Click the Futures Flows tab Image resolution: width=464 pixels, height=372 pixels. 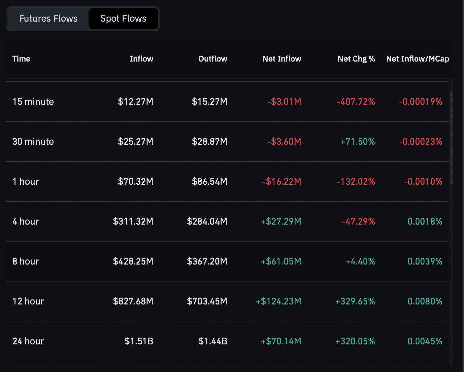48,19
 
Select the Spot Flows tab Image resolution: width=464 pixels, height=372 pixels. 123,19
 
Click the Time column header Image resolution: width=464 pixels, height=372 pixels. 21,59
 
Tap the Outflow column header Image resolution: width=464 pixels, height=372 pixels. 213,59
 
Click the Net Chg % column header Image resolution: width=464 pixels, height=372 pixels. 356,59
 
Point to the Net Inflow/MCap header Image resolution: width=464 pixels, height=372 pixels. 417,59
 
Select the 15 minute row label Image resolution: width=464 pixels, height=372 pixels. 33,102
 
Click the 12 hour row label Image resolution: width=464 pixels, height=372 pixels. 28,301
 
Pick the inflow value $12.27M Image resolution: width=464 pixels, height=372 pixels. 135,102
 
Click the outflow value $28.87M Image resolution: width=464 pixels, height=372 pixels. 209,142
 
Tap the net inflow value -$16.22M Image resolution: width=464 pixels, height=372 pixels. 281,182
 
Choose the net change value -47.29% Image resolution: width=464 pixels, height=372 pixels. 358,222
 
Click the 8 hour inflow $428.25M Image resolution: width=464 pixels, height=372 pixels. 133,262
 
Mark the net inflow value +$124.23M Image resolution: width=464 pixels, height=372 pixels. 278,301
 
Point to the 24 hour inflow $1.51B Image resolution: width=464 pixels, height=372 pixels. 139,341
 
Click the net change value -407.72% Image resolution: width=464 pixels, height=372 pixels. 356,102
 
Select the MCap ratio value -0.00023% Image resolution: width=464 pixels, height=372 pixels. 420,142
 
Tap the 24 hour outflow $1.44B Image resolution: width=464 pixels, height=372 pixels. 213,341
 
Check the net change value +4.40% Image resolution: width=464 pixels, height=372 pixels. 360,262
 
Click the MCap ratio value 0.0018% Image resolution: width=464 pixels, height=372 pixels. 425,222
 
